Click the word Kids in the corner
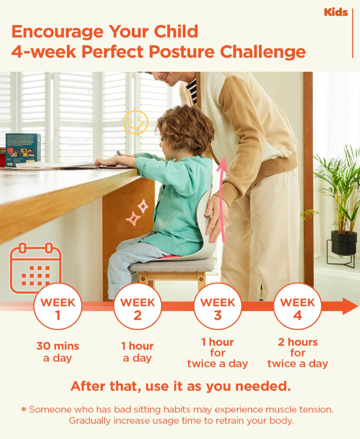point(336,12)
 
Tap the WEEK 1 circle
point(58,306)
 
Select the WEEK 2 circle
point(137,306)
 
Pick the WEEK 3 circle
point(218,306)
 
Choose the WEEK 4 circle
point(298,306)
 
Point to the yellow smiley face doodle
point(136,122)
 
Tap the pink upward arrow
point(222,200)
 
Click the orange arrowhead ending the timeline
point(350,306)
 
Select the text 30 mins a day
point(58,352)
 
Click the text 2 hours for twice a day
point(298,353)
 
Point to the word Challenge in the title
point(263,52)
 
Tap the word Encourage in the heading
point(57,32)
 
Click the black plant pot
point(343,243)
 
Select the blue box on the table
point(23,149)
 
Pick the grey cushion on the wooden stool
point(171,265)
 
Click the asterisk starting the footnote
point(24,409)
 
